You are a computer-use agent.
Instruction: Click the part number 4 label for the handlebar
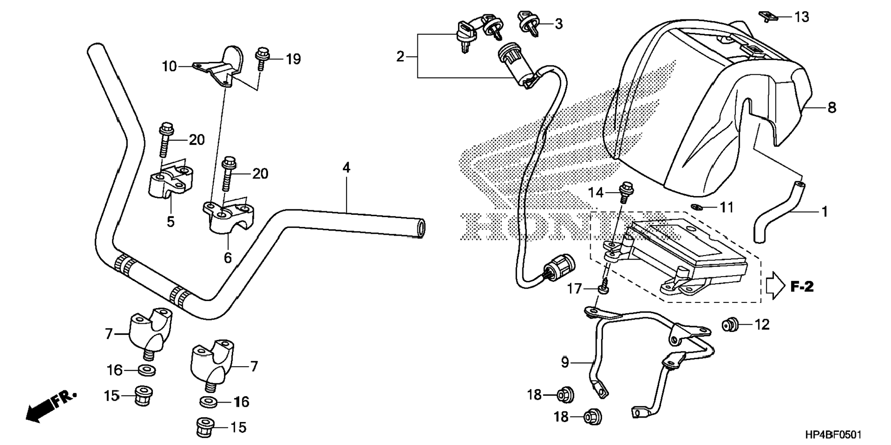346,167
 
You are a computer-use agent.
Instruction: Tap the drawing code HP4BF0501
833,435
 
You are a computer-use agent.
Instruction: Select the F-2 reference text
802,287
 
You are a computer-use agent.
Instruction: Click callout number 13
802,17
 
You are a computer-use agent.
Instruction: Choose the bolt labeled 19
262,58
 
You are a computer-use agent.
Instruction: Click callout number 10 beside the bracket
169,66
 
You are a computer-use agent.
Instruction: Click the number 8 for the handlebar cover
832,107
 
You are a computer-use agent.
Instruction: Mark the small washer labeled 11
698,207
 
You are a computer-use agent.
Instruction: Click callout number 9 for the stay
565,363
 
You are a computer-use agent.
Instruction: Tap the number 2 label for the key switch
400,57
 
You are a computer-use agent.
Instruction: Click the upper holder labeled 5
170,183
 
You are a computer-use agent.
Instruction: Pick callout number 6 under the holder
228,258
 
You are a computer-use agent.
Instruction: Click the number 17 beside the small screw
574,289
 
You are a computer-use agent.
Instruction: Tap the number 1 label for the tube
825,212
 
